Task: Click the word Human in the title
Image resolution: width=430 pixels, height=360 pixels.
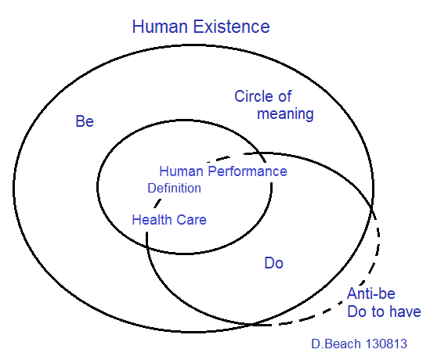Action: point(160,27)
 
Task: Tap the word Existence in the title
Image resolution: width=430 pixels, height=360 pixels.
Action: point(232,27)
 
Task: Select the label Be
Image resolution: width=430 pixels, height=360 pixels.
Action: point(85,121)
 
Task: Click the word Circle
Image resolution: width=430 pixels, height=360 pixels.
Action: point(253,96)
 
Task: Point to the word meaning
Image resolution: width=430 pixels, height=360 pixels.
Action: point(285,113)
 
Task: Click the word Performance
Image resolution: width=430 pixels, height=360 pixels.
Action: point(248,171)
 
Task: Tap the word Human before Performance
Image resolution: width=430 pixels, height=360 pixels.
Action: point(181,171)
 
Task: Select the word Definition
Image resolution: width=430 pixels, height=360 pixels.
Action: point(175,189)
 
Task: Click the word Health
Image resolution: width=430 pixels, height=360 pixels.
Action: point(152,220)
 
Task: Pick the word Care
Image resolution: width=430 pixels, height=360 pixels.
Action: point(191,220)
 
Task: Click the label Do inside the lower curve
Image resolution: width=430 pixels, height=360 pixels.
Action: point(273,263)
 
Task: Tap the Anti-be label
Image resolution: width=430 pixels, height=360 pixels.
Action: point(371,293)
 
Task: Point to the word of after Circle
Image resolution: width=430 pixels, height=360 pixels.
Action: point(284,96)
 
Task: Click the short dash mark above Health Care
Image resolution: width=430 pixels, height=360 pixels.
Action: point(157,203)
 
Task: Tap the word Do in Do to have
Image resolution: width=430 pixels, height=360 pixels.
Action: point(356,311)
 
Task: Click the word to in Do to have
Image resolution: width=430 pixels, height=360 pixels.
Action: point(378,312)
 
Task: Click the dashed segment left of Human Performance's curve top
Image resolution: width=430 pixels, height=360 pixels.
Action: point(219,159)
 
